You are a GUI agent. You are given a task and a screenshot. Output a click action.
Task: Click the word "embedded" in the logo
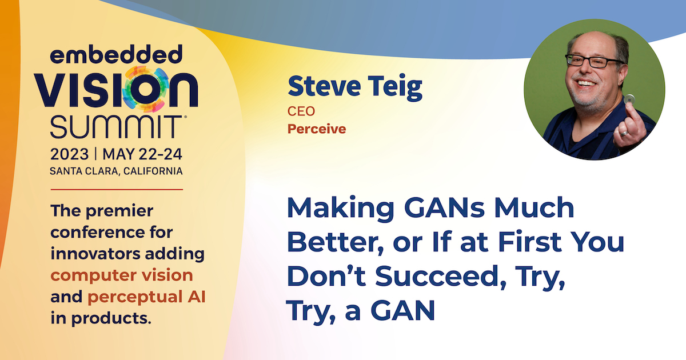pos(116,54)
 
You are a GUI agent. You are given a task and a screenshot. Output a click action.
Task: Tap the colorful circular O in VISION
pos(145,89)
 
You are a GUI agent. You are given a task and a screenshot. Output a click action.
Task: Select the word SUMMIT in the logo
pos(116,127)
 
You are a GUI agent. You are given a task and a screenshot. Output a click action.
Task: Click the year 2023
pos(70,154)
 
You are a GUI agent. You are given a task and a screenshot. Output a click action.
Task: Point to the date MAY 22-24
pos(142,154)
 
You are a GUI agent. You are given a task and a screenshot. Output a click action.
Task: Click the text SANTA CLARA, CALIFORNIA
pos(116,171)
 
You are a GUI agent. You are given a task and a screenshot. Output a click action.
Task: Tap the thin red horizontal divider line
pos(117,190)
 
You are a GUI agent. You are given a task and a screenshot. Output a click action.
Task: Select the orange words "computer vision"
pos(122,275)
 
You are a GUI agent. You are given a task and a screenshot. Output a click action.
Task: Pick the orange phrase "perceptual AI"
pos(146,297)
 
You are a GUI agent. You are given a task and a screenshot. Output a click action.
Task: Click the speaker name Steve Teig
pos(355,87)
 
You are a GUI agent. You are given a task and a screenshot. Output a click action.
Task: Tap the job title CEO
pos(301,111)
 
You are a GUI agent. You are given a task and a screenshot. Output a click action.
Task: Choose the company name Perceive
pos(317,129)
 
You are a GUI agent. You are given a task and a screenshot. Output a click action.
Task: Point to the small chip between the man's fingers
pos(629,99)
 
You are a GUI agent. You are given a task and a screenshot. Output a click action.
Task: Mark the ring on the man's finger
pos(624,133)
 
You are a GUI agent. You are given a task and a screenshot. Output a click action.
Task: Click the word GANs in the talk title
pos(444,207)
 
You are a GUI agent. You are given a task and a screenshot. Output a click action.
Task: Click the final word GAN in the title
pos(402,310)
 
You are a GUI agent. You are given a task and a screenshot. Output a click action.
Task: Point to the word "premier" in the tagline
pos(119,211)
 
